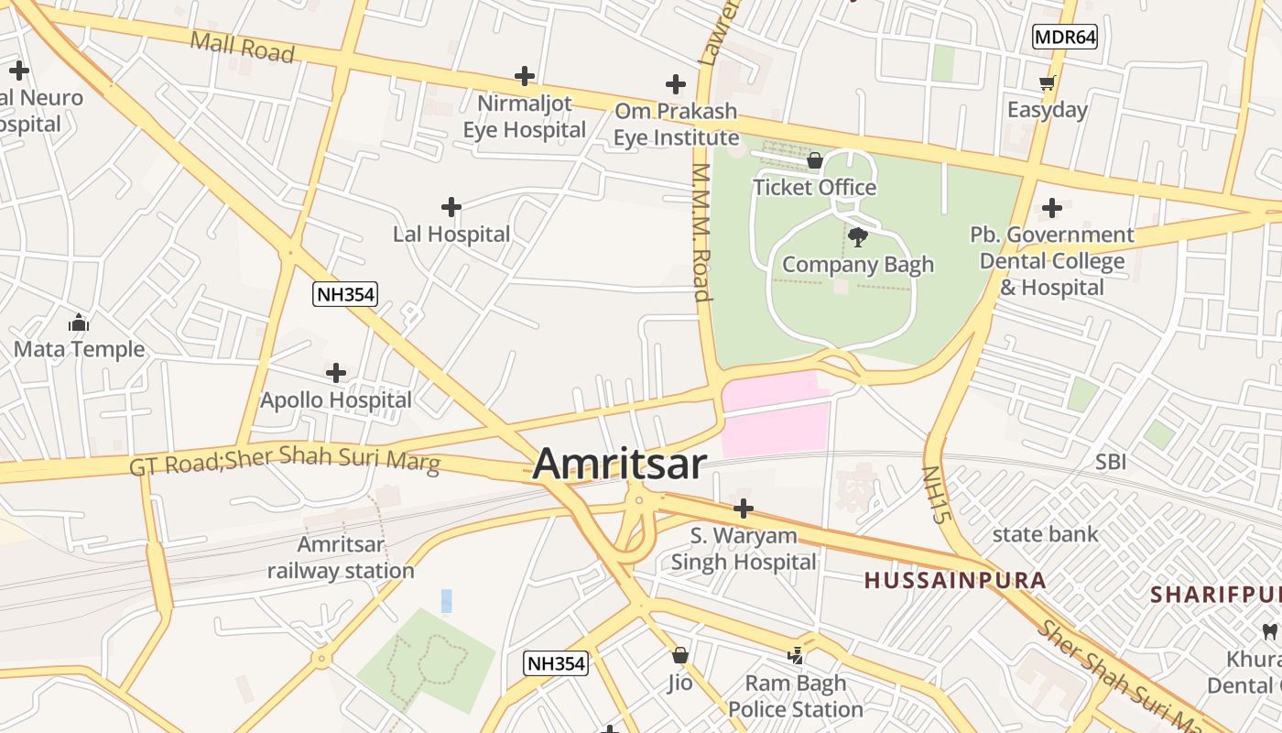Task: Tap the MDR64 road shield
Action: (1065, 37)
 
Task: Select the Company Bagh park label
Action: (858, 265)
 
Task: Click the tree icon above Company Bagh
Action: (858, 238)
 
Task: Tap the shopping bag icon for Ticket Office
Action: (815, 161)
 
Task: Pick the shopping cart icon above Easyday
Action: (1048, 83)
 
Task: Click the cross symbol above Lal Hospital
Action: (451, 207)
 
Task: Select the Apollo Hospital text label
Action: (336, 400)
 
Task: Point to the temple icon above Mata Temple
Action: (79, 323)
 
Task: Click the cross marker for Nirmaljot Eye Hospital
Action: (525, 75)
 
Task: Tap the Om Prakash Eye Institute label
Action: (676, 125)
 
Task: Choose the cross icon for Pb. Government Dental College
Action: (1052, 208)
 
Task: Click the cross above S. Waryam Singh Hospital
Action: (744, 508)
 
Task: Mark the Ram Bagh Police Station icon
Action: (796, 656)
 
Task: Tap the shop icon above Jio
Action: (680, 655)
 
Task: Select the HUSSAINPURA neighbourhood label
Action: (955, 580)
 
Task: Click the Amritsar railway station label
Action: (341, 558)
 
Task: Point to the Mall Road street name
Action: (243, 48)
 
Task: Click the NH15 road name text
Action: (933, 495)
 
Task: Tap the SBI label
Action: (1111, 462)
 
